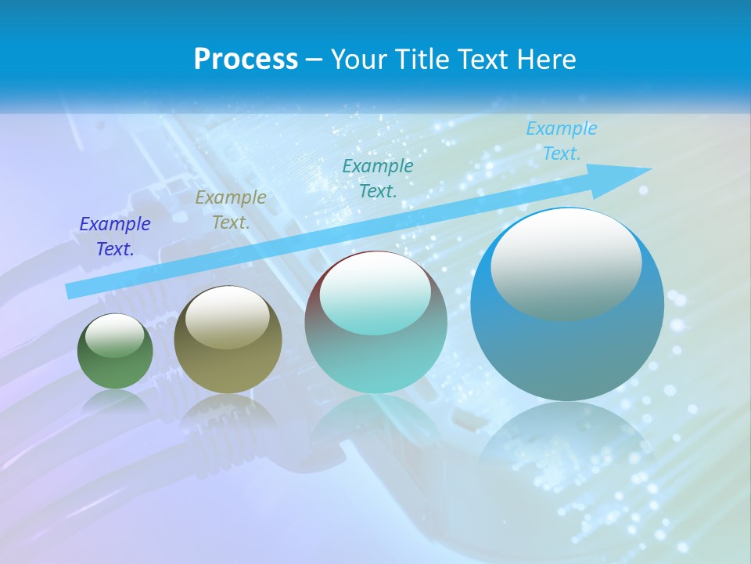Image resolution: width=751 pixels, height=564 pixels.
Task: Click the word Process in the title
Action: click(x=246, y=60)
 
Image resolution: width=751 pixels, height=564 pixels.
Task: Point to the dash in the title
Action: click(x=314, y=60)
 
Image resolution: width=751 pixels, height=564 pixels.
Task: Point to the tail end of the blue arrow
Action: click(x=72, y=291)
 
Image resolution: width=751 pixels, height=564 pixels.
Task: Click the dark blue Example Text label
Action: click(x=115, y=237)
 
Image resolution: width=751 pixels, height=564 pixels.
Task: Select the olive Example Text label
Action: click(x=231, y=210)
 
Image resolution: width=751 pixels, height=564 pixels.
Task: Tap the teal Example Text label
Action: click(x=378, y=178)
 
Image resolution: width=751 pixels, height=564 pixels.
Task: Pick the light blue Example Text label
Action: click(x=562, y=141)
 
